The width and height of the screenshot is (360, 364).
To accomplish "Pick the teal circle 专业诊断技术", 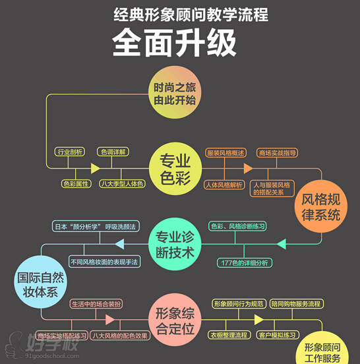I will [x=174, y=243].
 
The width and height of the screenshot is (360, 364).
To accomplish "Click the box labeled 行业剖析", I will [x=70, y=152].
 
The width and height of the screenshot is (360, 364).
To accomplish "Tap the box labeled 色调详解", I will [x=113, y=152].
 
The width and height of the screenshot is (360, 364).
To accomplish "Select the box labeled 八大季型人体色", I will [x=122, y=183].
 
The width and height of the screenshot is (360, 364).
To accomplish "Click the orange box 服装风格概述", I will [x=226, y=152].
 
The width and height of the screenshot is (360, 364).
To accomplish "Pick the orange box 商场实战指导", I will [x=277, y=152].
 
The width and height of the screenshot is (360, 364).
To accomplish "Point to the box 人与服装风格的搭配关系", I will [x=272, y=189].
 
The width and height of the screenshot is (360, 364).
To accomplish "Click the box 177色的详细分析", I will [x=244, y=263].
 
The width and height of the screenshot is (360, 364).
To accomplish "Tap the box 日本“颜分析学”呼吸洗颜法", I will [x=96, y=226].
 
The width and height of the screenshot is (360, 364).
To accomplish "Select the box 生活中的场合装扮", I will [x=96, y=304].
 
